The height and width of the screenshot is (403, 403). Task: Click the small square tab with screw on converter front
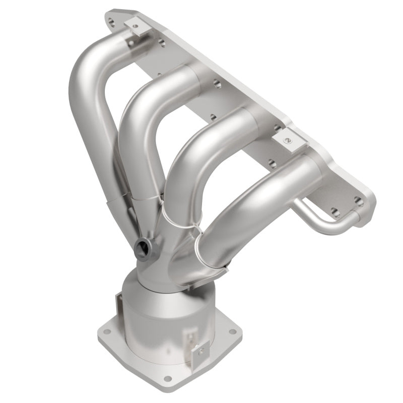200,348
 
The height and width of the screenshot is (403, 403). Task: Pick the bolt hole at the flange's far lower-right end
358,201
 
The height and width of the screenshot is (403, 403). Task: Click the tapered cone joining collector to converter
146,275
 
